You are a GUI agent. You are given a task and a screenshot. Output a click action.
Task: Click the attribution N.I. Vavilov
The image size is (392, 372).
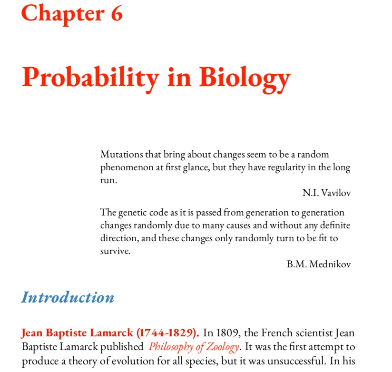point(326,193)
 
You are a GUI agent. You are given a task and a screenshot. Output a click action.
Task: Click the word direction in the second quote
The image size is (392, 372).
point(118,238)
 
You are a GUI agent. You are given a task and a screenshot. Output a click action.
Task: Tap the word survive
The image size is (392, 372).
point(115,251)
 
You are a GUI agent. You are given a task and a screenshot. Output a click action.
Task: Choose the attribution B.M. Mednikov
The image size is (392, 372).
point(319,264)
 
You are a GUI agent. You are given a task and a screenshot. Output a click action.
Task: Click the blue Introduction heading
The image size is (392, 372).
point(68,297)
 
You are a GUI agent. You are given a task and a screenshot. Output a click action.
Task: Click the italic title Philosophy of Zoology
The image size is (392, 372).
point(194,347)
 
